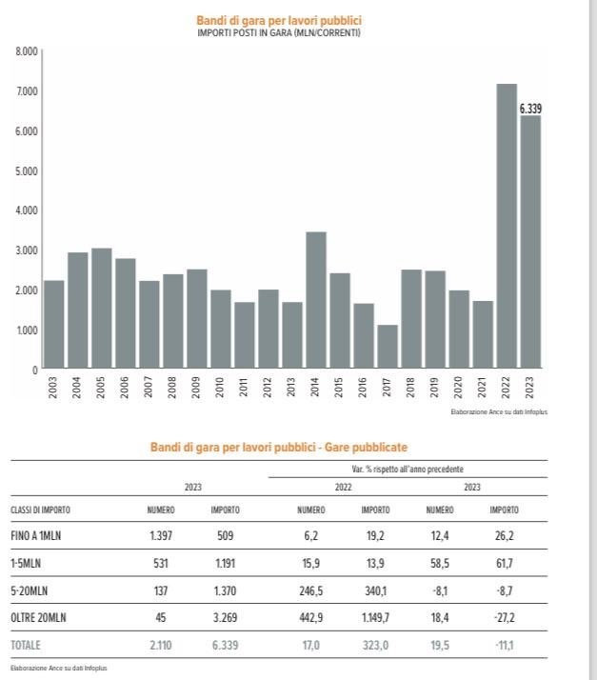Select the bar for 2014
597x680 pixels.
click(x=316, y=300)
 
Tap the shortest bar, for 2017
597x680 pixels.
click(x=388, y=347)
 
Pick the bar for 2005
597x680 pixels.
click(x=102, y=309)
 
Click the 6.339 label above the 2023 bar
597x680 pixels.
click(x=531, y=110)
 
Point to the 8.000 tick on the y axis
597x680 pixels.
click(x=27, y=50)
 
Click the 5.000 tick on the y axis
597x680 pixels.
click(x=27, y=170)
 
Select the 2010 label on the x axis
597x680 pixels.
click(x=221, y=388)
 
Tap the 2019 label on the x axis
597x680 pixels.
click(x=435, y=388)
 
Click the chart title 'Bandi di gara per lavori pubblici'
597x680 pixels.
click(x=278, y=20)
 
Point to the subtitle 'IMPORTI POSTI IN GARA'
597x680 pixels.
click(x=278, y=32)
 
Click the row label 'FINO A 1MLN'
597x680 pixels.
click(x=35, y=535)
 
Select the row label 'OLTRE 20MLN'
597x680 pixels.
click(x=37, y=617)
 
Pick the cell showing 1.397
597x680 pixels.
click(x=160, y=535)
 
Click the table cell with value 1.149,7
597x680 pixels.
click(x=375, y=617)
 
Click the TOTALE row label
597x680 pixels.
click(x=26, y=645)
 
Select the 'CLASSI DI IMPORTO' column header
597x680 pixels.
click(x=40, y=510)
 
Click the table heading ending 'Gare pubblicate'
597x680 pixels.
click(x=278, y=447)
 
